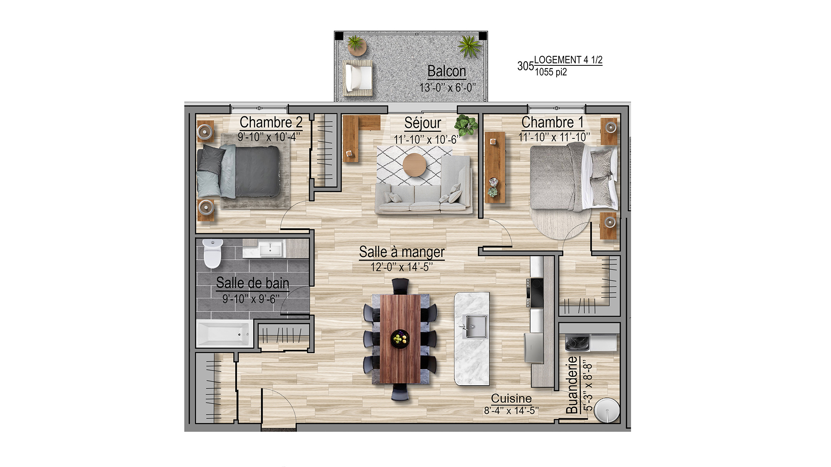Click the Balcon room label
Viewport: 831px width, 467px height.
446,71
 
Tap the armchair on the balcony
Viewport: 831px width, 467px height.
358,77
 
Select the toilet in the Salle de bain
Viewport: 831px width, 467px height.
212,253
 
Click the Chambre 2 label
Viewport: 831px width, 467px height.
271,122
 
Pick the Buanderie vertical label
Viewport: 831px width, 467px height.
572,385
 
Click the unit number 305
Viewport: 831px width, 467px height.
525,66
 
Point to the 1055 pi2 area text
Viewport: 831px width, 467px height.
550,72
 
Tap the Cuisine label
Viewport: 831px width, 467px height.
511,399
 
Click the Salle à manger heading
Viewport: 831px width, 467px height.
402,252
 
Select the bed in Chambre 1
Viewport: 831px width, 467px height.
573,176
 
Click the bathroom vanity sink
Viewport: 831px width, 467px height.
270,249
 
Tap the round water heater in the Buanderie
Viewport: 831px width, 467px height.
607,410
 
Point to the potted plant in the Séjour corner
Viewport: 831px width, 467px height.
466,125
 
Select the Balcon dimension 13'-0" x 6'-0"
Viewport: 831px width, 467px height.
448,88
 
